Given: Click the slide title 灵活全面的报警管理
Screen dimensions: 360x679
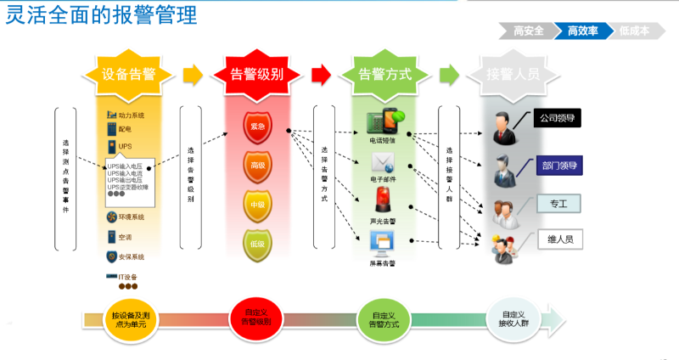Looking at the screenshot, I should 101,15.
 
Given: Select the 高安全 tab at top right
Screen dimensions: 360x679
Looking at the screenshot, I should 528,31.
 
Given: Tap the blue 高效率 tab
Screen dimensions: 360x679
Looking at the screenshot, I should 583,31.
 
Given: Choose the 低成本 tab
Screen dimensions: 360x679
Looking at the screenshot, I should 634,31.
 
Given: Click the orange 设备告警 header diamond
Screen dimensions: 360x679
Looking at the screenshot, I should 127,74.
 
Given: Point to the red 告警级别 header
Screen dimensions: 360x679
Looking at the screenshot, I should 257,74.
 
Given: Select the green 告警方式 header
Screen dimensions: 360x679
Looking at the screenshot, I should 385,74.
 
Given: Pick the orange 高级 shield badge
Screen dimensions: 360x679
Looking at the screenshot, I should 257,165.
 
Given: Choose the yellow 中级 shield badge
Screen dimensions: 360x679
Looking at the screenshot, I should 257,205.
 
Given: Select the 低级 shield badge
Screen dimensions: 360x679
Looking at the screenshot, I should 257,245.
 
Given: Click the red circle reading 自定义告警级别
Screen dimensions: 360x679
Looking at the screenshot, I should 256,318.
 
